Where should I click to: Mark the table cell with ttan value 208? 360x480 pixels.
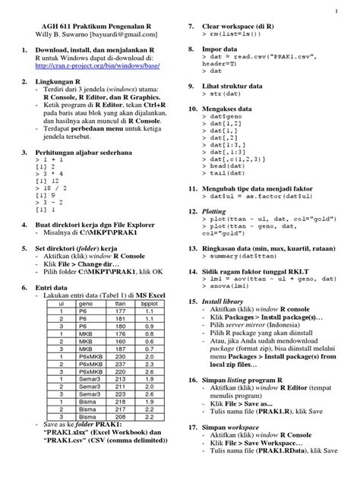click(x=119, y=416)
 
